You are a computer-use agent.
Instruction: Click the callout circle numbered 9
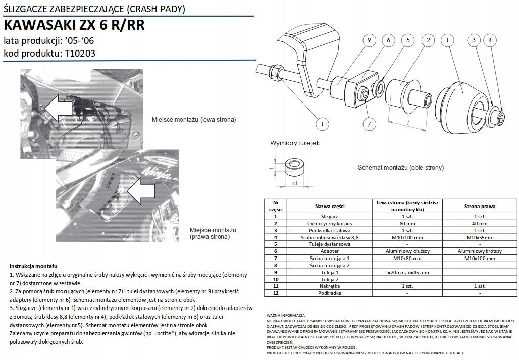pos(369,40)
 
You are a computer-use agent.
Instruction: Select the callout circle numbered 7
pos(369,123)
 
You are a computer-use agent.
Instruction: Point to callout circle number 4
pos(489,40)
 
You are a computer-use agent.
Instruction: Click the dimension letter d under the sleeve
pos(294,182)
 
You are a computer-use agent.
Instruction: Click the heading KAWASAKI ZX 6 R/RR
pos(74,25)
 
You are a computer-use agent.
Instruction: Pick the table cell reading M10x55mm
pos(479,237)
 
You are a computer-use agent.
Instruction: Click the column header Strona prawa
pos(479,206)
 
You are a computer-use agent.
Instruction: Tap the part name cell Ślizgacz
pos(330,216)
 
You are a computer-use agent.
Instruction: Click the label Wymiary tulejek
pos(295,143)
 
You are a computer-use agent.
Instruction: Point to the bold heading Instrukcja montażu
pos(33,266)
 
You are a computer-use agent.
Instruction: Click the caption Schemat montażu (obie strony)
pos(400,167)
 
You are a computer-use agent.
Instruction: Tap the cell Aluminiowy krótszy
pos(479,251)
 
